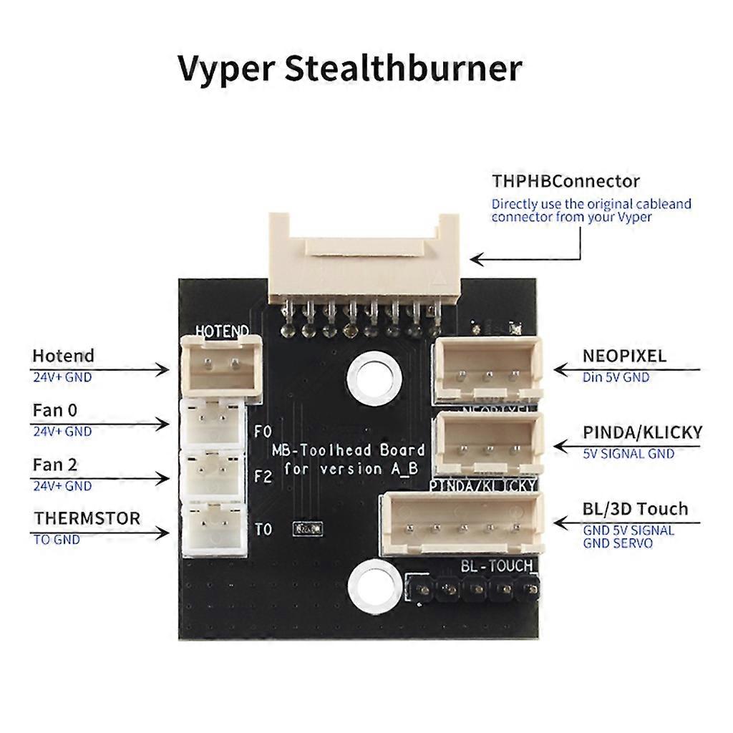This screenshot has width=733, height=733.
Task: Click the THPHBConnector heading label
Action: click(565, 181)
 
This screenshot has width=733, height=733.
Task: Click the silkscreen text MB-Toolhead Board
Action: click(348, 450)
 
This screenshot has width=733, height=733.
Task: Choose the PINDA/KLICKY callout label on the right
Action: click(642, 432)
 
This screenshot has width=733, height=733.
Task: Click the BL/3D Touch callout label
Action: click(635, 509)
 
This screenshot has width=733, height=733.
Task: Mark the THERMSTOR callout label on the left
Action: click(87, 518)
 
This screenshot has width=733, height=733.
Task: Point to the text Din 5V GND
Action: click(616, 377)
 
